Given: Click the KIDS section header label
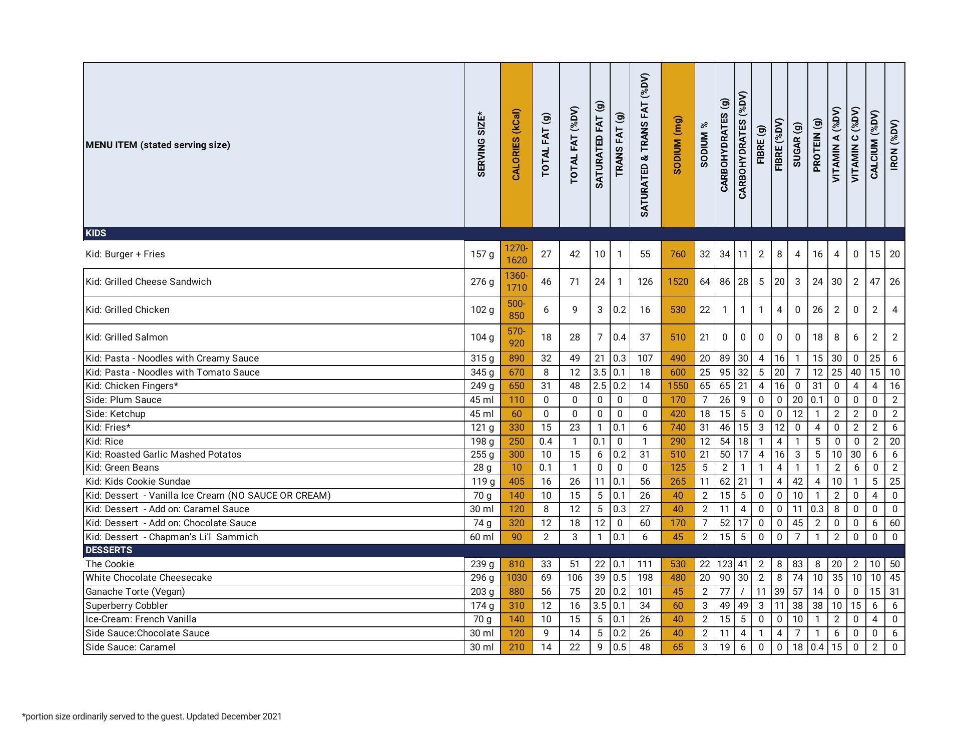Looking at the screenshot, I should [x=96, y=233].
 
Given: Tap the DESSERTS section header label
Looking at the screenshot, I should [x=109, y=550].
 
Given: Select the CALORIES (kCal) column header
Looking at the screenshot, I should [x=516, y=145].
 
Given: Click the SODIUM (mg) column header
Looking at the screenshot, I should [x=678, y=145].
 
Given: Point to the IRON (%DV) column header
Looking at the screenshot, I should [x=894, y=145].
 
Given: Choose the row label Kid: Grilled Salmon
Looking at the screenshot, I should [x=127, y=337].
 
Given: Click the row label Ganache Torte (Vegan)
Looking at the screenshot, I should [x=135, y=592].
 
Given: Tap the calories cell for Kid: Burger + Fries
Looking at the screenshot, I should [x=516, y=254].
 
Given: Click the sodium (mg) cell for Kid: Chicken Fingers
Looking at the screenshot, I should [x=678, y=386].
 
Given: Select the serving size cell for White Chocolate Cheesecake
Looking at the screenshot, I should [x=482, y=578].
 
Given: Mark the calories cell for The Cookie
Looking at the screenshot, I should [x=516, y=564].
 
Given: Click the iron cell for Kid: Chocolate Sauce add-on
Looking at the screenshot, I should [x=894, y=523].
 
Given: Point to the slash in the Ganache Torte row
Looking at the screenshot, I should [x=743, y=592].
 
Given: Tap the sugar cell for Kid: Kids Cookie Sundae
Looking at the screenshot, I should [x=797, y=482].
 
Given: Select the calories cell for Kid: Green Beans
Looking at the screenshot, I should [x=516, y=468].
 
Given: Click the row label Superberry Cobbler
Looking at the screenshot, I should [x=127, y=606].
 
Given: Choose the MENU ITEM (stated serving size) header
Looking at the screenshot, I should [x=158, y=145].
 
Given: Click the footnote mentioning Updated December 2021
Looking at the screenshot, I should [x=152, y=716].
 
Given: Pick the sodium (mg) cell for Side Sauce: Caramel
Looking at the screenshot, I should [x=678, y=647].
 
